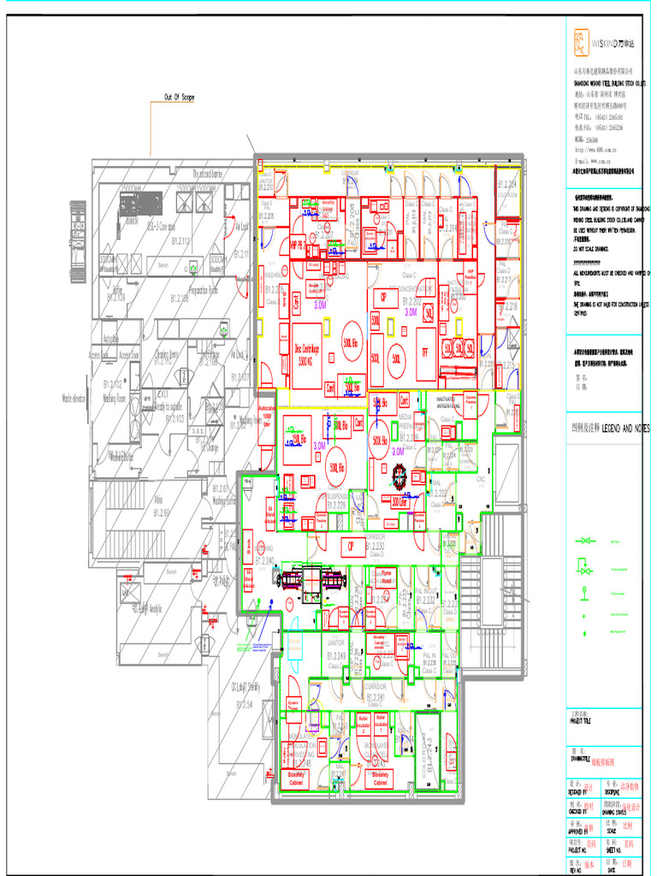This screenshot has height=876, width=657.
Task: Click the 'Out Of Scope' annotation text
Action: (179, 98)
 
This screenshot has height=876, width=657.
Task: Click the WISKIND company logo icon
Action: (582, 39)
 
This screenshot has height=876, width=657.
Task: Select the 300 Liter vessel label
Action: (399, 503)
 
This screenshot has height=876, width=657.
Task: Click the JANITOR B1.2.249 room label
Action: (336, 649)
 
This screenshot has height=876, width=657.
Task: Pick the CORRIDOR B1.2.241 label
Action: (376, 691)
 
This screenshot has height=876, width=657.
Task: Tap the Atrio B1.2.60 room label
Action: (160, 507)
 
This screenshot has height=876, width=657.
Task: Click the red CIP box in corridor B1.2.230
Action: (349, 546)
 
